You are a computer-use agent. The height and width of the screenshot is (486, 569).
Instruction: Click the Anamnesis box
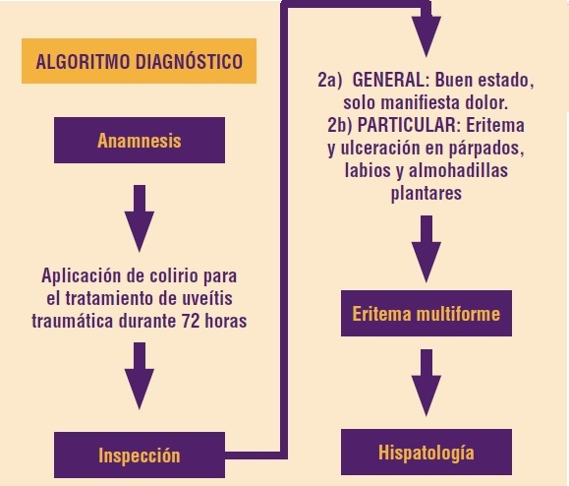pos(140,141)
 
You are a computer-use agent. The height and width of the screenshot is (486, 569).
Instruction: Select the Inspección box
pos(140,455)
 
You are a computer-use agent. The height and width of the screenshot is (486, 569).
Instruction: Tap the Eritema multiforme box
pos(427,313)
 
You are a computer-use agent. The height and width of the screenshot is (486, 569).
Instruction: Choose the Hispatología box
pos(427,452)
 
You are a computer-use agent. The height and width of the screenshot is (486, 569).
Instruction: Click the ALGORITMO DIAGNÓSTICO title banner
pos(139,61)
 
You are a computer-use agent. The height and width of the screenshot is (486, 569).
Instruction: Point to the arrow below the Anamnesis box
pos(140,218)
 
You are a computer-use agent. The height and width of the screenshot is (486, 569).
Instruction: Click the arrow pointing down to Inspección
pos(140,376)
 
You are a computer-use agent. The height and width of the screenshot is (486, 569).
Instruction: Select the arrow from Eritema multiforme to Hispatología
pos(427,383)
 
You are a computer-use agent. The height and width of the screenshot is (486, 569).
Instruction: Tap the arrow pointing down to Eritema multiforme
pos(427,249)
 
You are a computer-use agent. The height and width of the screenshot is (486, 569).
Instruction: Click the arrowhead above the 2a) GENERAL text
pos(427,36)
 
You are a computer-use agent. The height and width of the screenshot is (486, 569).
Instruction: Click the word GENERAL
pos(390,80)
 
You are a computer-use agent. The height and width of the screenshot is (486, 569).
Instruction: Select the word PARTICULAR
pos(409,125)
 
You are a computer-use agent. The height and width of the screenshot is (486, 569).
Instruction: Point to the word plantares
pos(427,193)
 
